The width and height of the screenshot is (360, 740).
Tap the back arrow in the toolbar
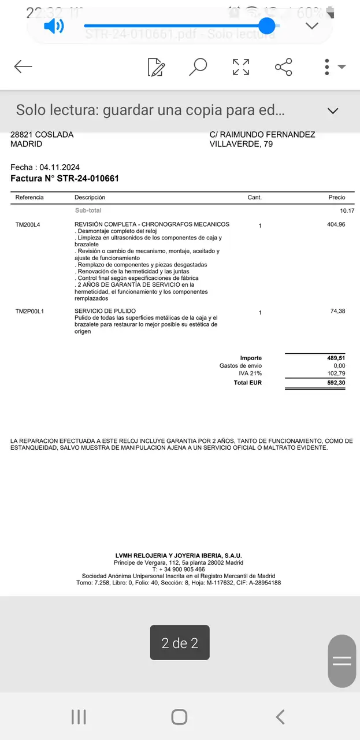23,66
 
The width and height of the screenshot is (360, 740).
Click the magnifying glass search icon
198,67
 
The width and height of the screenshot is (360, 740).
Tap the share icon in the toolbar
284,67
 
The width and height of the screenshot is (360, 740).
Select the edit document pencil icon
156,67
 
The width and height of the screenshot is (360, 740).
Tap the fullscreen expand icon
241,67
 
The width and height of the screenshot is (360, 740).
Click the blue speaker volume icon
54,26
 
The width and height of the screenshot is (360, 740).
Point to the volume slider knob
266,25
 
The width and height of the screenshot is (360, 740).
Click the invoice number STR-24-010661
88,179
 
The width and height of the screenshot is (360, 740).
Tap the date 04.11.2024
60,168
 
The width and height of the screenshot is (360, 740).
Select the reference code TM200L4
28,224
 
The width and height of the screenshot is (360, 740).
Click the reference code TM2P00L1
29,312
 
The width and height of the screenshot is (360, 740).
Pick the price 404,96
336,224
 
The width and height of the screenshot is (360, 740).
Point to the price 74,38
337,311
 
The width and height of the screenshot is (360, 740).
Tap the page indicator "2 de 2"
180,643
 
